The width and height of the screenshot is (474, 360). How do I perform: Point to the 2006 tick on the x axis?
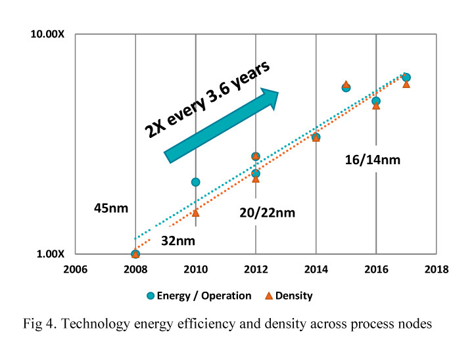coord(75,269)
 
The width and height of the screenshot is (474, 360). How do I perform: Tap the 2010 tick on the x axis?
coord(195,269)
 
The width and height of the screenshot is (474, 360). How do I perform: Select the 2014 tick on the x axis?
coord(316,269)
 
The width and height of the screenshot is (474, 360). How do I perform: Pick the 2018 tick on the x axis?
coord(437,269)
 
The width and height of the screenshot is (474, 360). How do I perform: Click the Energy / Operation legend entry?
coord(200,296)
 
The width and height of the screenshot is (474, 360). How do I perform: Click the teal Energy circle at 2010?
coord(195,182)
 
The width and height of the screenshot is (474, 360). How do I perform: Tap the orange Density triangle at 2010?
coord(195,212)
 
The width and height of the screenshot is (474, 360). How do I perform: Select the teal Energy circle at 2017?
coord(406,78)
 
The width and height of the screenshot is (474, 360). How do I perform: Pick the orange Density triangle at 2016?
coord(376,106)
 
